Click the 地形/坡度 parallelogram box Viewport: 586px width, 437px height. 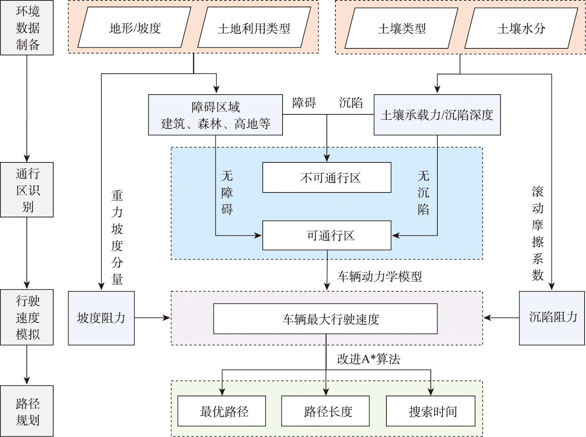[135, 28]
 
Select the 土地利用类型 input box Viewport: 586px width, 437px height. [254, 28]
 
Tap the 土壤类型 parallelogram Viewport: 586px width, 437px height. [401, 28]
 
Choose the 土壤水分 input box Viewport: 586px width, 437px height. [521, 28]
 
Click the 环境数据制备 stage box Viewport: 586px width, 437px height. [27, 28]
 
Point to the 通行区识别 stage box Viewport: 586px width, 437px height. [27, 190]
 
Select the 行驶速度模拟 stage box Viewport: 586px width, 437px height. [27, 317]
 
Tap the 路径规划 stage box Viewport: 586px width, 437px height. [27, 411]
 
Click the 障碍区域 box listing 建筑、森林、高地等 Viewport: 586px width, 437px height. [215, 115]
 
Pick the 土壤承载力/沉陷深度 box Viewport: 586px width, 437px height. [437, 115]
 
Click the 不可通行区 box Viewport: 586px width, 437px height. [327, 177]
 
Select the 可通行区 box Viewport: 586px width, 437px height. [327, 235]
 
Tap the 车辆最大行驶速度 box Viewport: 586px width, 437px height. [325, 319]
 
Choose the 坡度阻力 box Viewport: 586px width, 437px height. [101, 318]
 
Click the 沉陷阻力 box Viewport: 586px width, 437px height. [552, 318]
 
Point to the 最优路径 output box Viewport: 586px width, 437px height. [222, 411]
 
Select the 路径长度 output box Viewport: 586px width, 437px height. [325, 411]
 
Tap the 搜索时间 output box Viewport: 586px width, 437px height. [431, 411]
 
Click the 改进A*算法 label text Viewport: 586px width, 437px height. [368, 359]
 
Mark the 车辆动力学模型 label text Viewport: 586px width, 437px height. [379, 276]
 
